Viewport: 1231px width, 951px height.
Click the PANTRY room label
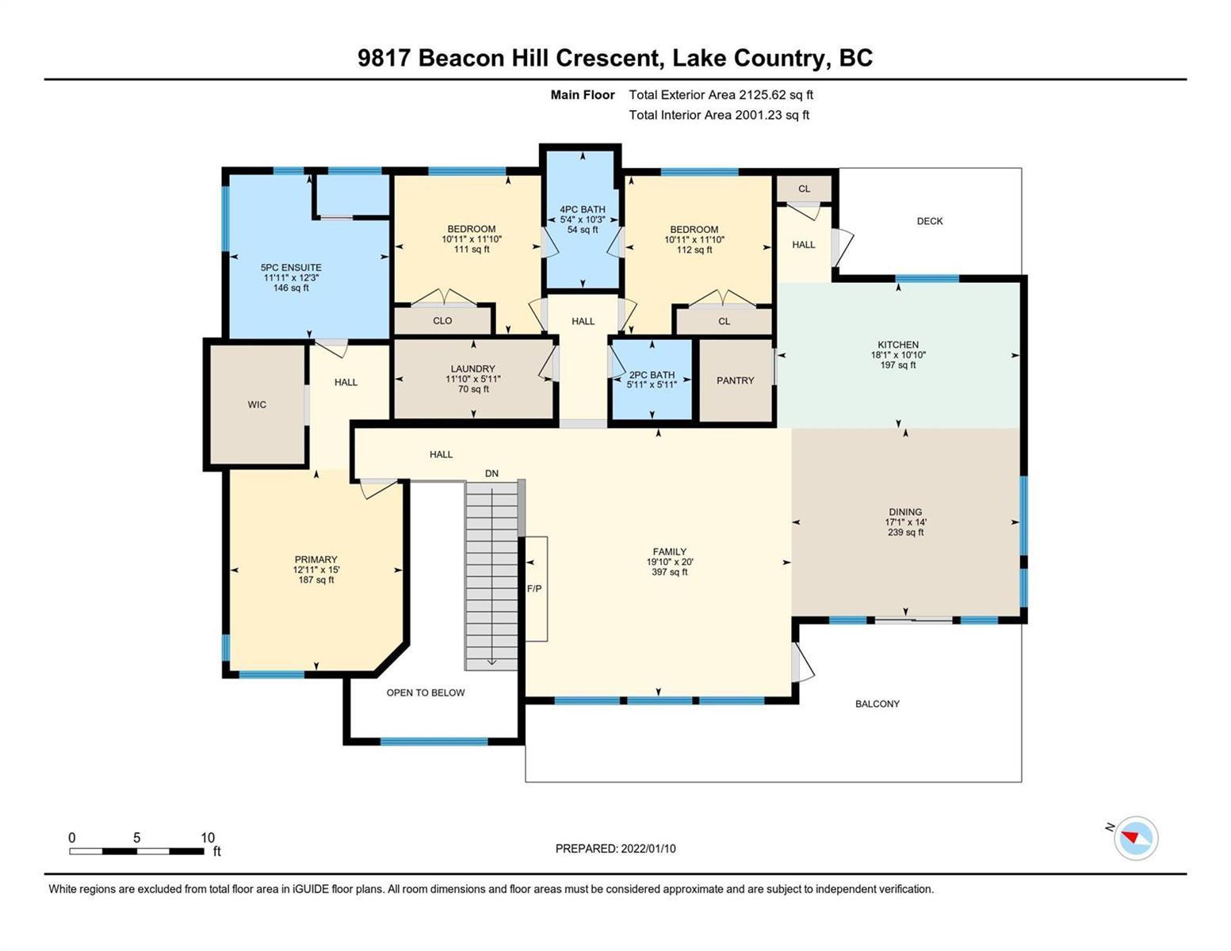pos(735,380)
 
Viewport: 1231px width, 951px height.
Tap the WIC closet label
pos(257,404)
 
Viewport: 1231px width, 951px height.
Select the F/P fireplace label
pos(533,589)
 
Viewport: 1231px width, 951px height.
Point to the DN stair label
pos(491,473)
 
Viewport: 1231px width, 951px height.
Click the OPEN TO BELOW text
pos(426,693)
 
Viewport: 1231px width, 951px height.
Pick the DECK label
pos(930,221)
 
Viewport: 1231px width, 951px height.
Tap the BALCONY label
pos(877,704)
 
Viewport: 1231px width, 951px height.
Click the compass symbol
pos(1135,838)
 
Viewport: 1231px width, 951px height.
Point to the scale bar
pos(136,851)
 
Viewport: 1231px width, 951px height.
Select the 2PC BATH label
pos(652,375)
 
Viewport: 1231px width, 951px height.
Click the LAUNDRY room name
pos(473,369)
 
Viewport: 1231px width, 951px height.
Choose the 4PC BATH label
pos(583,209)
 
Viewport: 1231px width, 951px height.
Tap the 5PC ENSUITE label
pos(291,268)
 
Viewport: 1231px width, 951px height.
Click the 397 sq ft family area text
pos(669,572)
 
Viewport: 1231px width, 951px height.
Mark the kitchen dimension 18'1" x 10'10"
pos(898,355)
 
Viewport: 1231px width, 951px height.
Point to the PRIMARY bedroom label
pos(315,560)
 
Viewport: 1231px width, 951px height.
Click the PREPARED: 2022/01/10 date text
pos(615,849)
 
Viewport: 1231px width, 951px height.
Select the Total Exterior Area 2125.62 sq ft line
pos(721,95)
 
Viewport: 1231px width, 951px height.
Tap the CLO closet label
pos(442,321)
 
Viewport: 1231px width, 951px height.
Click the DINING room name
pos(904,512)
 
